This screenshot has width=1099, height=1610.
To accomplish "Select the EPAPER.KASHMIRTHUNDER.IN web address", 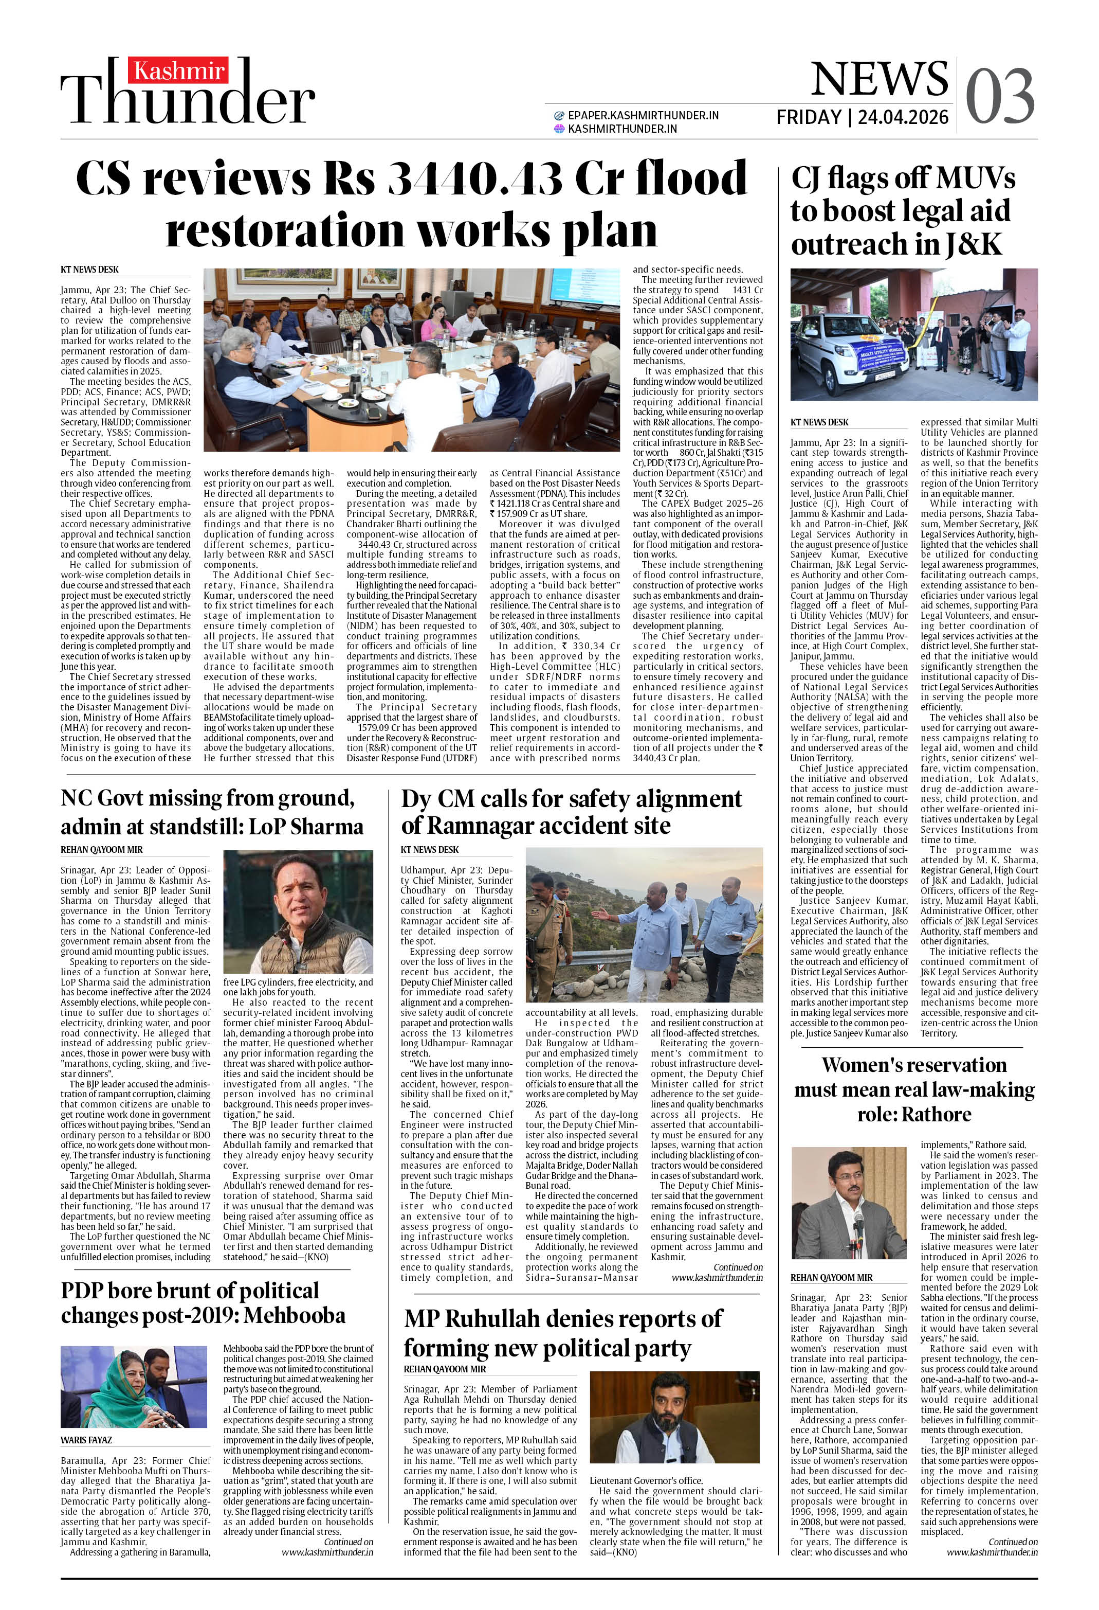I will [x=642, y=116].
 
